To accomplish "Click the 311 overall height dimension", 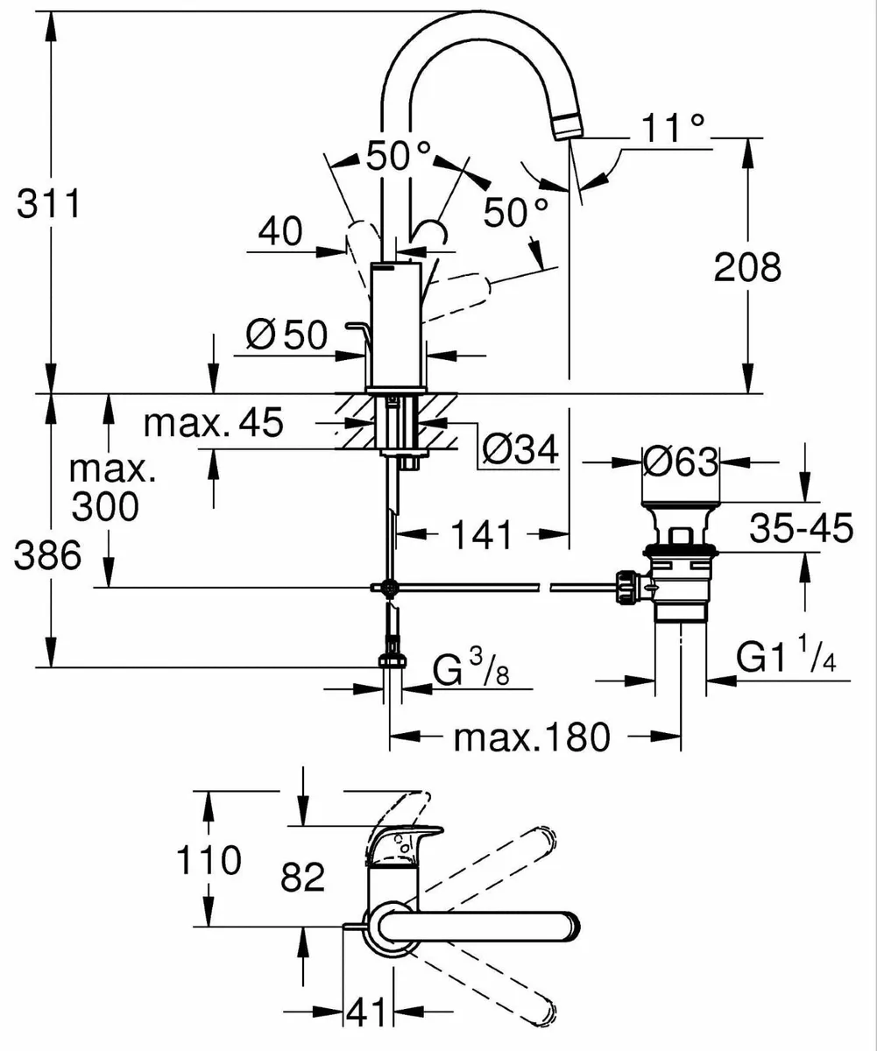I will pos(51,205).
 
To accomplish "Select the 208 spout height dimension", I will pos(746,267).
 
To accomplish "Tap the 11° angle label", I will pos(672,129).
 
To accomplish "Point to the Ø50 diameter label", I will pos(286,335).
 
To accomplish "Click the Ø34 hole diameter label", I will pos(520,451).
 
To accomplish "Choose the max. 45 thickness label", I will pos(214,424).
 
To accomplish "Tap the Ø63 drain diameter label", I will pos(680,462).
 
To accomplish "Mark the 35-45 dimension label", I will pos(802,529).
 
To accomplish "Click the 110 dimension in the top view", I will pos(209,860).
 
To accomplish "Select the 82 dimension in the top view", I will pos(302,875).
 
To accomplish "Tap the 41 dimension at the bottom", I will pos(365,1013).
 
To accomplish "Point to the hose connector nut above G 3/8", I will pos(392,660).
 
